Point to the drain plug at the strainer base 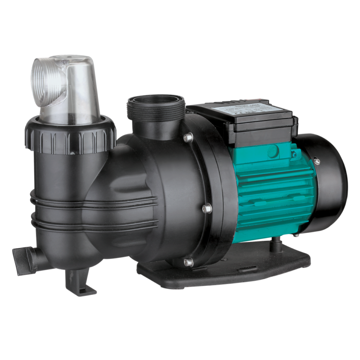point(23,256)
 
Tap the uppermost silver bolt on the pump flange point(188,137)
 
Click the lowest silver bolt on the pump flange point(188,262)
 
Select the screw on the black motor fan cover point(317,161)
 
